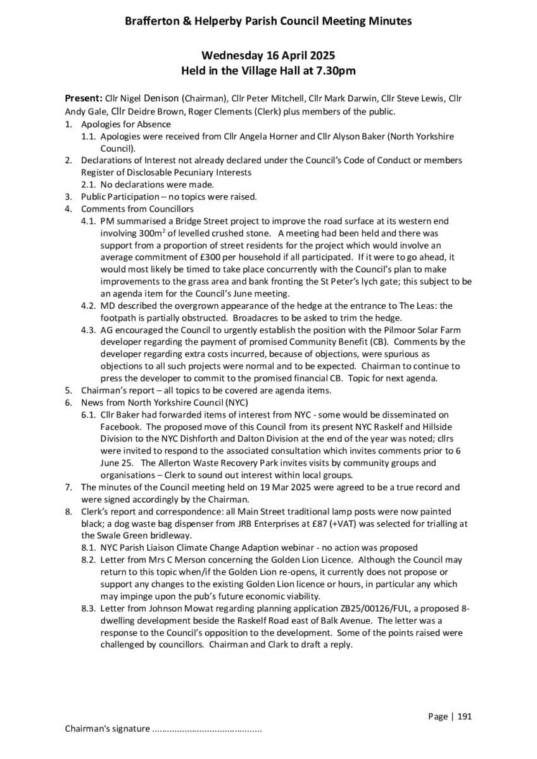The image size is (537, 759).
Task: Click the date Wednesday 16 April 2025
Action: (268, 56)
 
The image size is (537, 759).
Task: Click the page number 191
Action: (464, 717)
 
